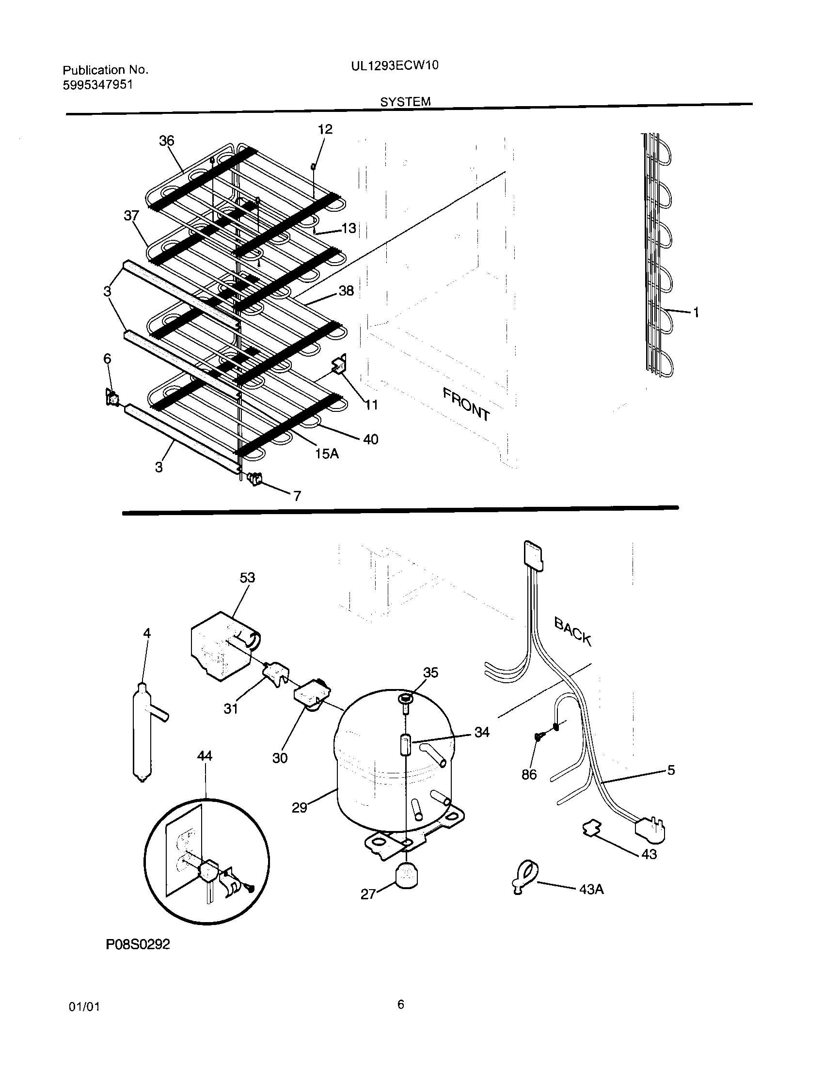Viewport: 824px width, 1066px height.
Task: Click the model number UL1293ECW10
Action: [395, 65]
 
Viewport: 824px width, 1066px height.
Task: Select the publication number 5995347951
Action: [97, 85]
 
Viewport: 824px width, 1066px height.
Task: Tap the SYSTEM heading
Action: [405, 102]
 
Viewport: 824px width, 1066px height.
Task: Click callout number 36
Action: [166, 141]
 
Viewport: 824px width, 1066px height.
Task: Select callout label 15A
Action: [327, 454]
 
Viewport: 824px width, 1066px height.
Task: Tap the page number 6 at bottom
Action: [400, 1004]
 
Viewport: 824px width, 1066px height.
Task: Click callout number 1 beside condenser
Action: [696, 313]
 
